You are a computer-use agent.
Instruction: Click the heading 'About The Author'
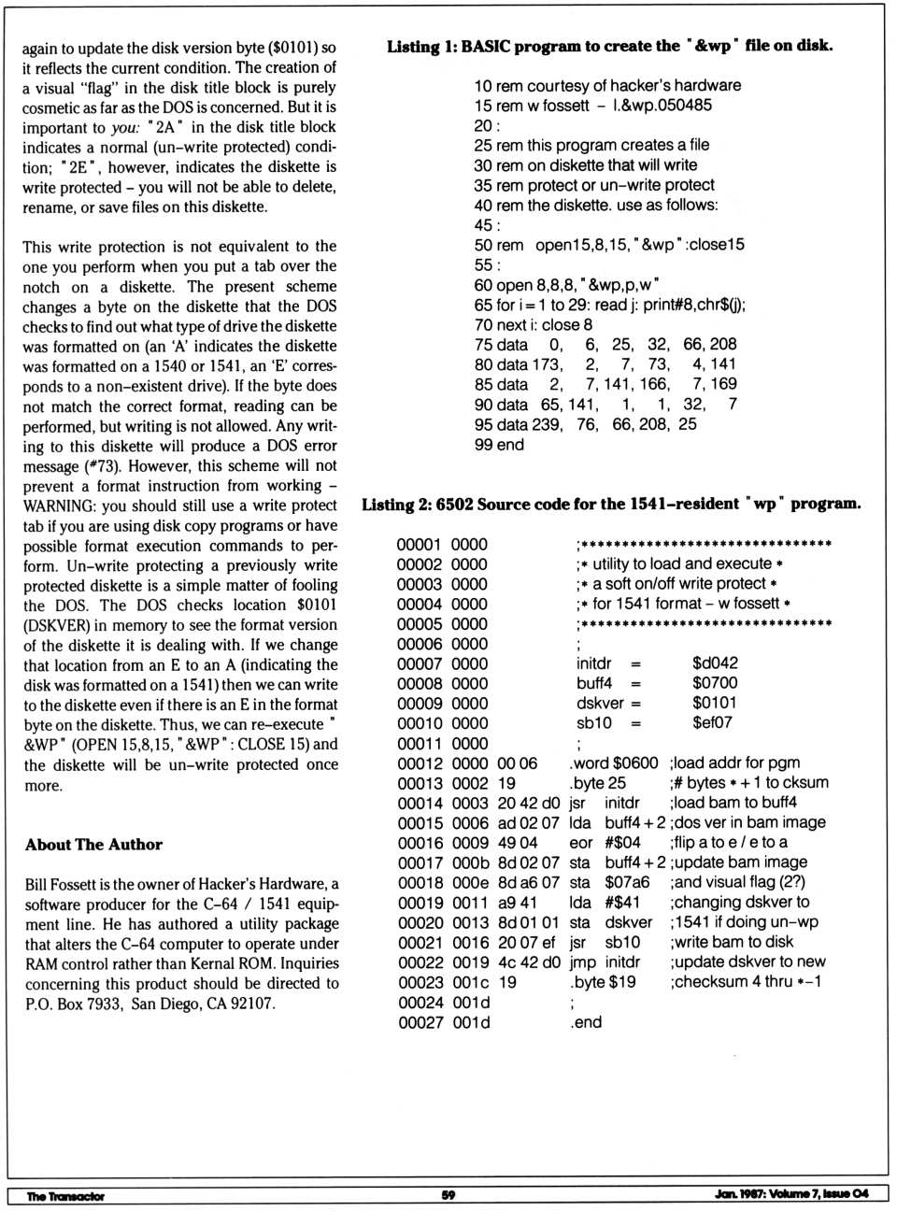[93, 845]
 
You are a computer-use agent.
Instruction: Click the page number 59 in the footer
[448, 1195]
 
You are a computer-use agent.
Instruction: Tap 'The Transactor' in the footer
[65, 1196]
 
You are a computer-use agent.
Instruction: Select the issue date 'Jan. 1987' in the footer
[739, 1194]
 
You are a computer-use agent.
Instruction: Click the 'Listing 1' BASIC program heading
[609, 46]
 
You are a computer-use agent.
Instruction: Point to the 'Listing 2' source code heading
[611, 504]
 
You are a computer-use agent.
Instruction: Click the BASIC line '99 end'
[499, 445]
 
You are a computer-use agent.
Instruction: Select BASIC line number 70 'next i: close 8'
[534, 325]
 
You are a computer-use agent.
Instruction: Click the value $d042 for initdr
[715, 663]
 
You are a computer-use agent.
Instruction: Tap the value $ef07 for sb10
[712, 723]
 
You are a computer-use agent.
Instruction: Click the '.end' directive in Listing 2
[586, 1023]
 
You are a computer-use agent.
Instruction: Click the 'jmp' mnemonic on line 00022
[582, 962]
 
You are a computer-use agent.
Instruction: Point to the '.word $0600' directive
[614, 763]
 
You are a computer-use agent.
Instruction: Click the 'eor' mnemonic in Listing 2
[579, 843]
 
